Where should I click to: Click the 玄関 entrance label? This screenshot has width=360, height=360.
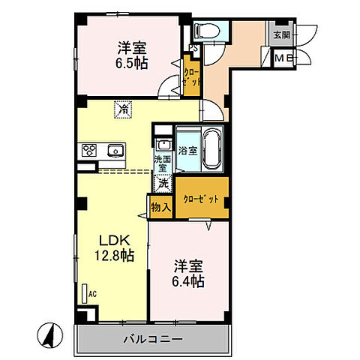tap(280, 34)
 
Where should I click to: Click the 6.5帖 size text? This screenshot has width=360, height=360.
tap(132, 63)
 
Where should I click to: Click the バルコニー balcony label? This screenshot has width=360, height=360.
tap(152, 340)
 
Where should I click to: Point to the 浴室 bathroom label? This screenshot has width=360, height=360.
tap(187, 150)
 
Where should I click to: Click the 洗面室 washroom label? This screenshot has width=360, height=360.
tap(163, 164)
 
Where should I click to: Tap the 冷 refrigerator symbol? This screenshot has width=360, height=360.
tap(122, 109)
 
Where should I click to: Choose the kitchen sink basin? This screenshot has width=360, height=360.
tap(115, 149)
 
